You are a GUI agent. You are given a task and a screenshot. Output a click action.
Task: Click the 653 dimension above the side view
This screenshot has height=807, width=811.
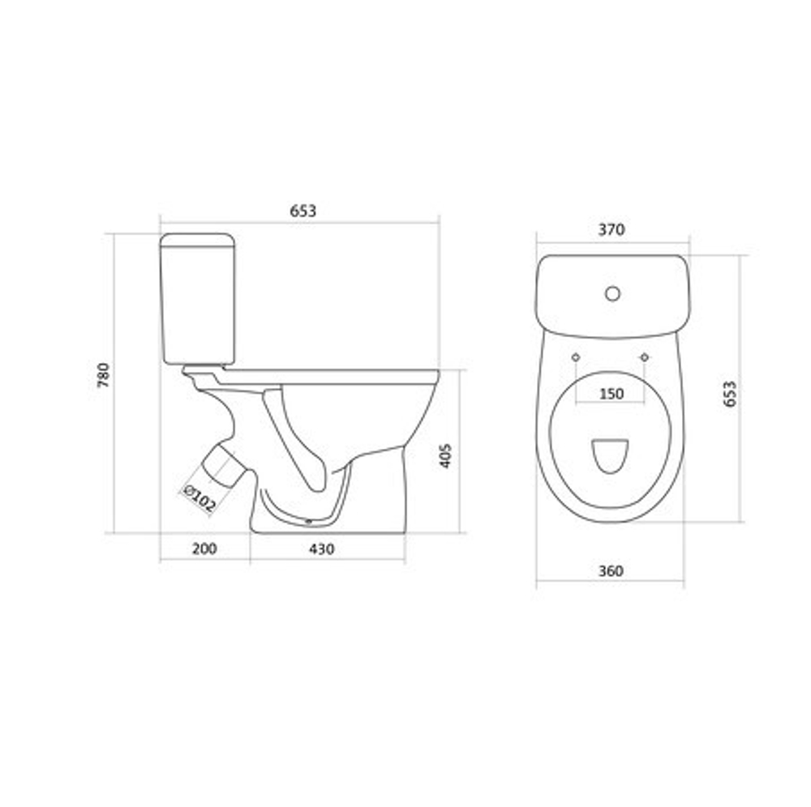click(303, 211)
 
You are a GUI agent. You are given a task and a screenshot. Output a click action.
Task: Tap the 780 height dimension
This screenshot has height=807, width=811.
click(104, 376)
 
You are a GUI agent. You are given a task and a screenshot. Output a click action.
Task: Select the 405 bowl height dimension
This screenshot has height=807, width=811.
click(445, 455)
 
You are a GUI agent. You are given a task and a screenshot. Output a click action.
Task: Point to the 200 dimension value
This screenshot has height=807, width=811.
click(204, 549)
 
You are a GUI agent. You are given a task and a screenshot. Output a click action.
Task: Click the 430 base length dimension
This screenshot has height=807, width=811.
click(321, 549)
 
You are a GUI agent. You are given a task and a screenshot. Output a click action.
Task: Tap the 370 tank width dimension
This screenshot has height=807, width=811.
click(611, 229)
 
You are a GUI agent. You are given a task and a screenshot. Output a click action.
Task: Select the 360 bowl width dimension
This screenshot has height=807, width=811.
click(611, 571)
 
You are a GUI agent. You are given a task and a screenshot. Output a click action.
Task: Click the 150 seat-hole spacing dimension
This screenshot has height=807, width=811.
click(611, 394)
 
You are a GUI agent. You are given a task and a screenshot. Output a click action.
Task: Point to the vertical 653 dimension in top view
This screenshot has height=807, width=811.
click(730, 394)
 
